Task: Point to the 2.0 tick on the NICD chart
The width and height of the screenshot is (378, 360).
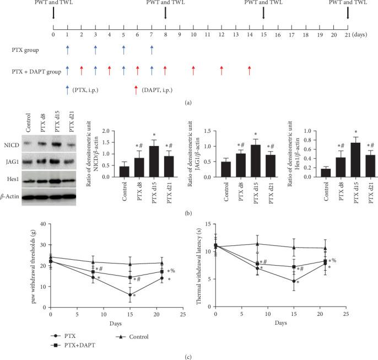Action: click(x=105, y=132)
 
